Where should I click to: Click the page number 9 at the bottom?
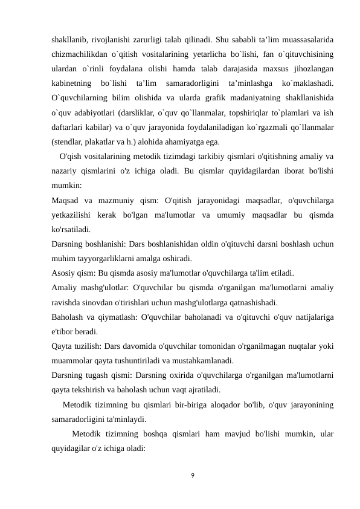pos(192,476)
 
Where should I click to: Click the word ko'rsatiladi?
pos(72,230)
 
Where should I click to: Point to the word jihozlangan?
pos(309,70)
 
